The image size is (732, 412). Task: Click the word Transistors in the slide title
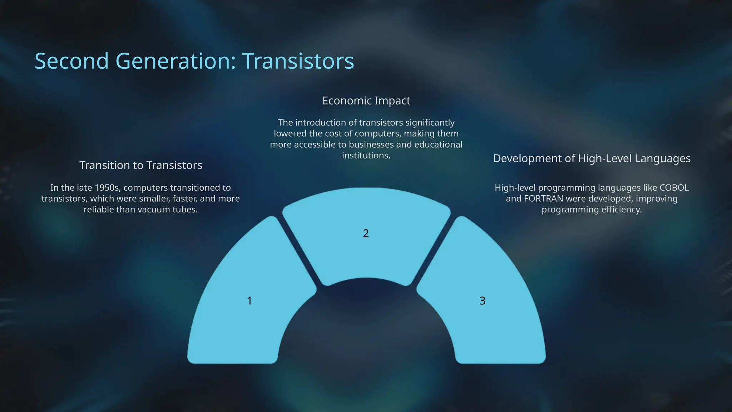pyautogui.click(x=298, y=61)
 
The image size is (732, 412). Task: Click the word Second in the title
pyautogui.click(x=71, y=61)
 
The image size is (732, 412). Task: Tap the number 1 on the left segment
pyautogui.click(x=249, y=301)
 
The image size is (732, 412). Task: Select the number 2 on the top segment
pyautogui.click(x=366, y=234)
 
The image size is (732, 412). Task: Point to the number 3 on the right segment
pyautogui.click(x=482, y=301)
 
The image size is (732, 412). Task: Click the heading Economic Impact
pyautogui.click(x=366, y=101)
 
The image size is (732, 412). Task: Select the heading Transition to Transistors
pyautogui.click(x=140, y=165)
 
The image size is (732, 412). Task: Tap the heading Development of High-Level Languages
pyautogui.click(x=592, y=158)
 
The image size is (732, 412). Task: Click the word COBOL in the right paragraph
pyautogui.click(x=674, y=188)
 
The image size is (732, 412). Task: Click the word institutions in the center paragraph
pyautogui.click(x=366, y=156)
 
